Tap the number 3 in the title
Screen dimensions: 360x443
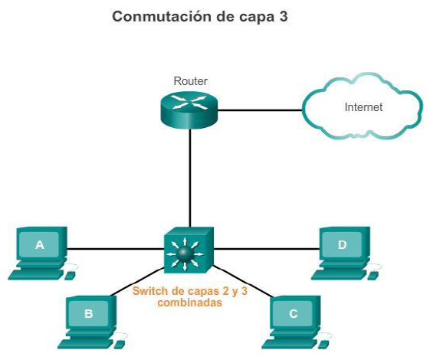point(284,16)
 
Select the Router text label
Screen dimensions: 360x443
point(190,81)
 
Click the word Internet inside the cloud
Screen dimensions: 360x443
point(363,107)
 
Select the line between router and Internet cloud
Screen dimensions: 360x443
point(261,110)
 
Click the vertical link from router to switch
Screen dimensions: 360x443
point(190,176)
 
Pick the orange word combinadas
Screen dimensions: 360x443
point(189,303)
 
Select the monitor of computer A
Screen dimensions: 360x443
point(40,245)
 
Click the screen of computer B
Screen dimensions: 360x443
point(88,313)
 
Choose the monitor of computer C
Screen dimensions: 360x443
point(294,313)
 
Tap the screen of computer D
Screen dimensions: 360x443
point(343,245)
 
